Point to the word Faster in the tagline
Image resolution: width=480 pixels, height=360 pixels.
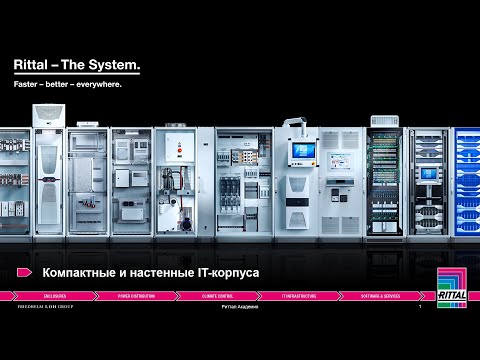[x=26, y=85]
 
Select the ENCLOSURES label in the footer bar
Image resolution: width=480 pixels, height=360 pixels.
[x=54, y=297]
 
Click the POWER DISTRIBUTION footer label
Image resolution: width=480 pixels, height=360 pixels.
[x=136, y=297]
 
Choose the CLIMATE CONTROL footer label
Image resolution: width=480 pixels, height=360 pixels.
[x=217, y=297]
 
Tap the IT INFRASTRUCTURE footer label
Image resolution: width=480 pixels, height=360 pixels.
[x=299, y=297]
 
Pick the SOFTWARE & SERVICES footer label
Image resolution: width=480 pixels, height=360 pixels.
[x=381, y=297]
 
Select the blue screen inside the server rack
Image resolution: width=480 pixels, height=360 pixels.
[x=429, y=172]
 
